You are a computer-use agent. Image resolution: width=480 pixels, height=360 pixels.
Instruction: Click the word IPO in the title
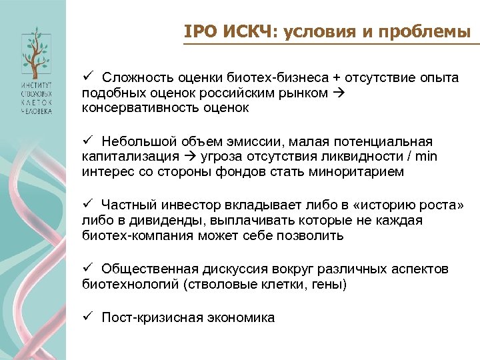[198, 31]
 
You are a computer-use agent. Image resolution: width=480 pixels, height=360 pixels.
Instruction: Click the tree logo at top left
[33, 52]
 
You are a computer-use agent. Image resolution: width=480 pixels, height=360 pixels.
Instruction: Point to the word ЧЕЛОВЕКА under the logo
[33, 111]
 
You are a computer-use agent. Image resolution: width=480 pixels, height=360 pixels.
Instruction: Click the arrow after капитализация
[188, 157]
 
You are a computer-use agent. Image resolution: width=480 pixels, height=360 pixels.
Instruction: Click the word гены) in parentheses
[330, 284]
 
